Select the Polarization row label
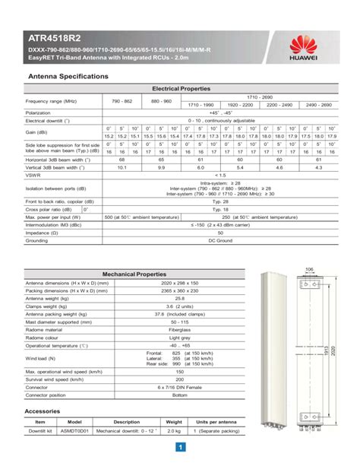coord(37,113)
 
